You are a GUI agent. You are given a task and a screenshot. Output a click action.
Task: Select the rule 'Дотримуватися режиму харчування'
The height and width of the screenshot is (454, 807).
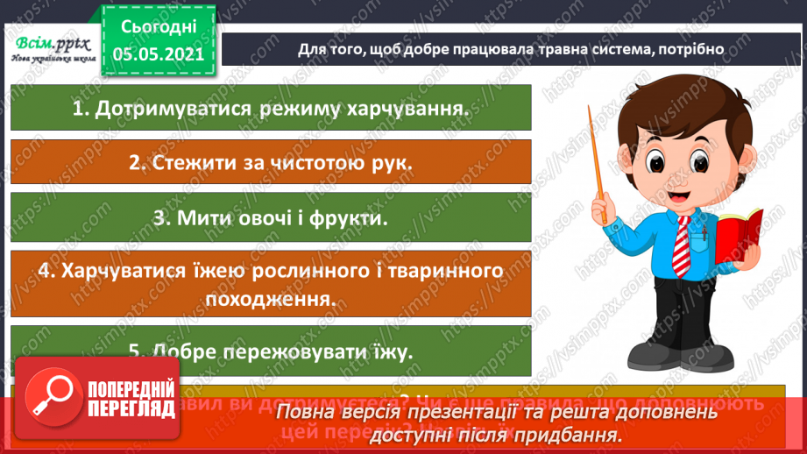pyautogui.click(x=271, y=110)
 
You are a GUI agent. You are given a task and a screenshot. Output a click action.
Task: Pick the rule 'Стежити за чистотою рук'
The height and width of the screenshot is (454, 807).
pyautogui.click(x=271, y=163)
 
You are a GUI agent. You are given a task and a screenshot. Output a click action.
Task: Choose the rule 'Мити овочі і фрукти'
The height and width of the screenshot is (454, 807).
pyautogui.click(x=271, y=218)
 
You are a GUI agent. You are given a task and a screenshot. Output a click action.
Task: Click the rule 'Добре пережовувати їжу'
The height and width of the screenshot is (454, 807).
pyautogui.click(x=271, y=351)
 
